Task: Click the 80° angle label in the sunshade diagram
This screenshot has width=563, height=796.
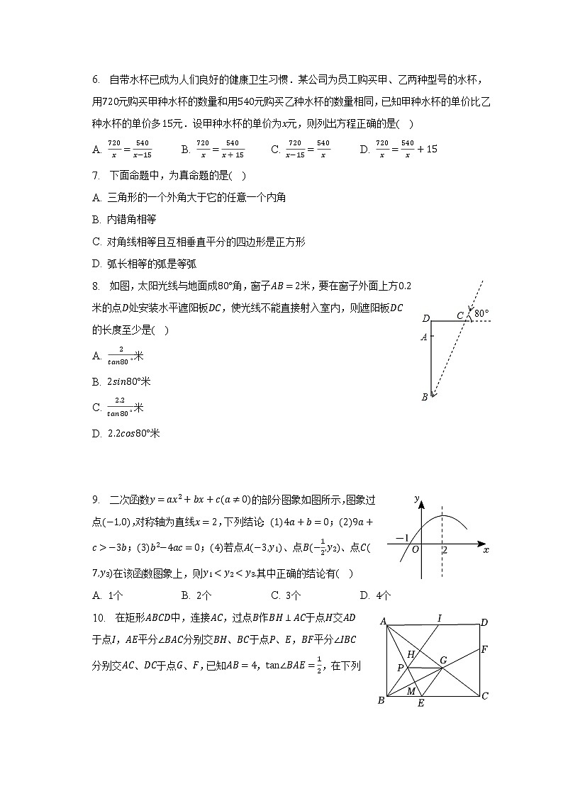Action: [482, 313]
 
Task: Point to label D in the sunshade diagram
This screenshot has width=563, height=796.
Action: [425, 318]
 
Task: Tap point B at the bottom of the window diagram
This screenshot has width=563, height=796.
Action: [425, 397]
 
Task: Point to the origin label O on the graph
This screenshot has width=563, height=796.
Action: [416, 550]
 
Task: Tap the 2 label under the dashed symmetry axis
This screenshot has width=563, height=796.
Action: [444, 550]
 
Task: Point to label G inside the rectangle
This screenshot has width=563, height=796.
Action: [444, 660]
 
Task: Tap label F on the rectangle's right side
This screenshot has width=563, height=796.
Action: [484, 649]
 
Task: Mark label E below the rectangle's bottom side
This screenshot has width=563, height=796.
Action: [420, 703]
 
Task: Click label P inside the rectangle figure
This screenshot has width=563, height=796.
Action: [400, 668]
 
